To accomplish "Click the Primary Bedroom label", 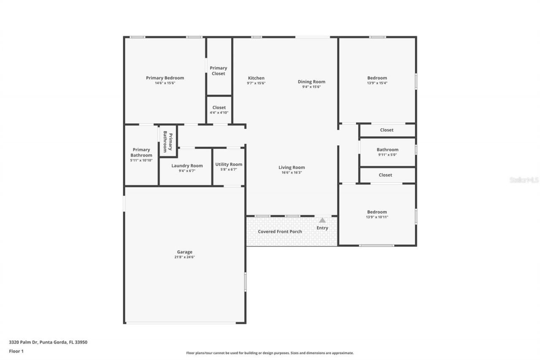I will coord(165,78).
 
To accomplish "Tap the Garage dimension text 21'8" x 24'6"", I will coord(184,257).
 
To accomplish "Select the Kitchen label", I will coord(256,78).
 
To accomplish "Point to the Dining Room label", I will coord(311,82).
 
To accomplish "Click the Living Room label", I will coord(292,168).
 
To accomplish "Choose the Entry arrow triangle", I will coord(322,220).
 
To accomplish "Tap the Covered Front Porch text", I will coord(280,232).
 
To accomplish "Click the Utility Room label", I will coord(229,165).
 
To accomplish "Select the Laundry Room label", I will coord(187,166).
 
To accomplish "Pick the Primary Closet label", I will coord(219,71).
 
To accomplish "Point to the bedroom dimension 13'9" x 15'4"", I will coord(377,83).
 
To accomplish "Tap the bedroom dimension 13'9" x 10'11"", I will coord(377,217).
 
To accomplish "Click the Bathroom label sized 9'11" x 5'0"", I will coord(387,150).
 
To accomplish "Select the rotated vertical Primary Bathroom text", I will coord(168,141).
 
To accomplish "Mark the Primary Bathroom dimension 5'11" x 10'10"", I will coord(141,160).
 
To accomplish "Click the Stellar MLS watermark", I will coord(524,180).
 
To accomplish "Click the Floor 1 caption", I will coord(16,351).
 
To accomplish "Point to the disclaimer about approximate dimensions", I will coord(270,353).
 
